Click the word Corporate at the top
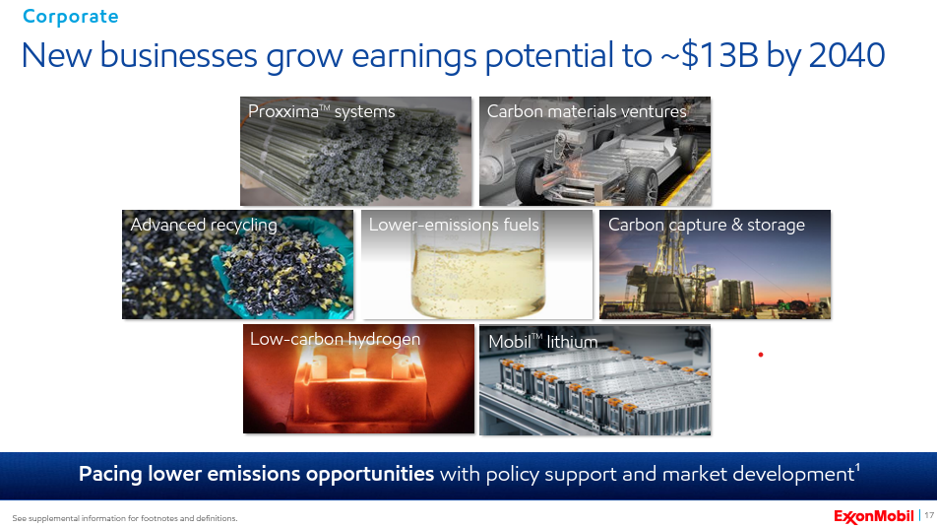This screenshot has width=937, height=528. [x=71, y=17]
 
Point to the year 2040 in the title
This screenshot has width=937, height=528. [x=846, y=55]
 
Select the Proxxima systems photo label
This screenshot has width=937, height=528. [x=322, y=112]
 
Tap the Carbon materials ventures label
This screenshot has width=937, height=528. [x=587, y=111]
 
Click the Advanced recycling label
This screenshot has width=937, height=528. [x=204, y=225]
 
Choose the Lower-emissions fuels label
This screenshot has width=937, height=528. [x=454, y=225]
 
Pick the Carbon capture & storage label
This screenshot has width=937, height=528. [x=707, y=225]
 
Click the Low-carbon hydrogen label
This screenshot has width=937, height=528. [x=336, y=339]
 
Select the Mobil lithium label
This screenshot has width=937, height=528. [x=543, y=342]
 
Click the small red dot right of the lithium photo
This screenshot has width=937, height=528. [x=761, y=355]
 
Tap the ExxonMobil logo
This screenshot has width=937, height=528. [x=874, y=516]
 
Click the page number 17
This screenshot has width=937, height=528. [x=929, y=515]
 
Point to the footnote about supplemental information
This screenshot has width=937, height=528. [x=125, y=518]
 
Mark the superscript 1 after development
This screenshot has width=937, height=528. [x=857, y=467]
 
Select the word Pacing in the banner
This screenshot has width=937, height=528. [x=110, y=474]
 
